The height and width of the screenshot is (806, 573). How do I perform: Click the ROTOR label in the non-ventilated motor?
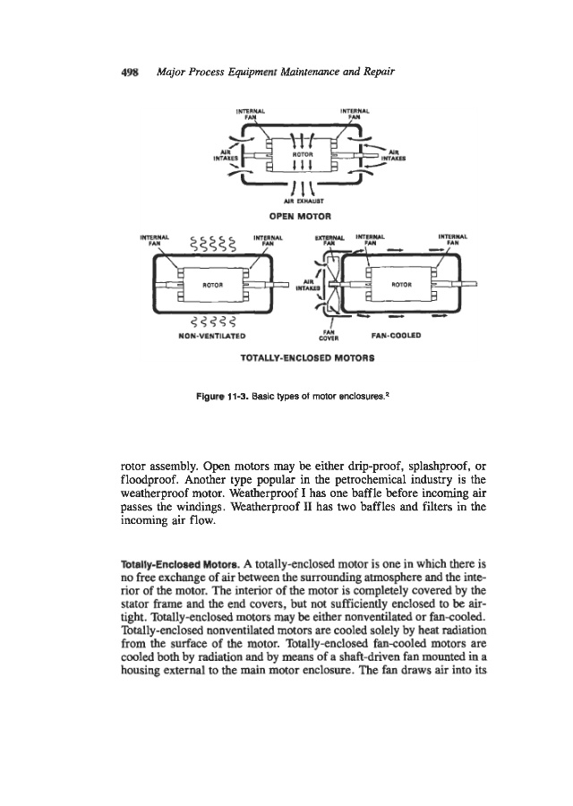(x=210, y=285)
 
